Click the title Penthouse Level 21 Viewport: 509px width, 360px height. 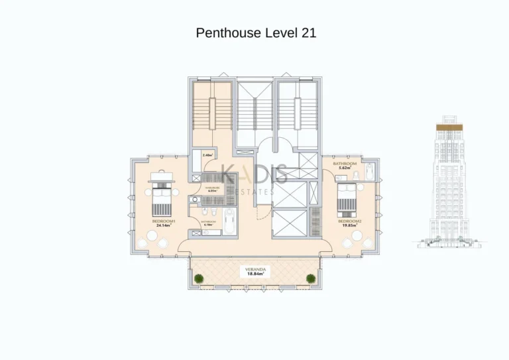[255, 33]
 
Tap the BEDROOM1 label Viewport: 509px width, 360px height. [163, 221]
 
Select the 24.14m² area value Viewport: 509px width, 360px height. [163, 226]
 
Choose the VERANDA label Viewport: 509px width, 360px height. [256, 269]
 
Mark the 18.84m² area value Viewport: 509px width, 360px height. [256, 274]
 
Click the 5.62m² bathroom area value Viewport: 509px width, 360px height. [344, 168]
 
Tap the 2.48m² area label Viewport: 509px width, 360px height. [206, 155]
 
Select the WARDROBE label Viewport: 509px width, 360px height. [211, 187]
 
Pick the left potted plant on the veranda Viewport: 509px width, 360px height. [198, 278]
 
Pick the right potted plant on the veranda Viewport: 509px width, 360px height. [310, 278]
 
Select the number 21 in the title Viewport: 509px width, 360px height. [308, 33]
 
